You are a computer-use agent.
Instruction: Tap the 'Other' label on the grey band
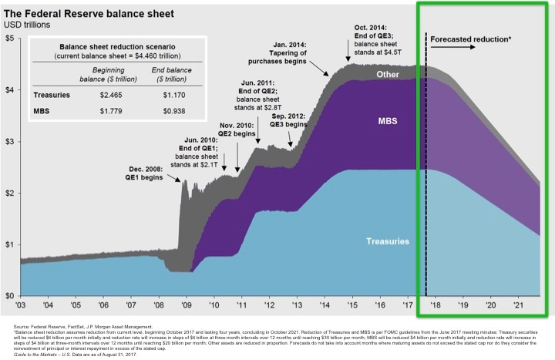[388, 73]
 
